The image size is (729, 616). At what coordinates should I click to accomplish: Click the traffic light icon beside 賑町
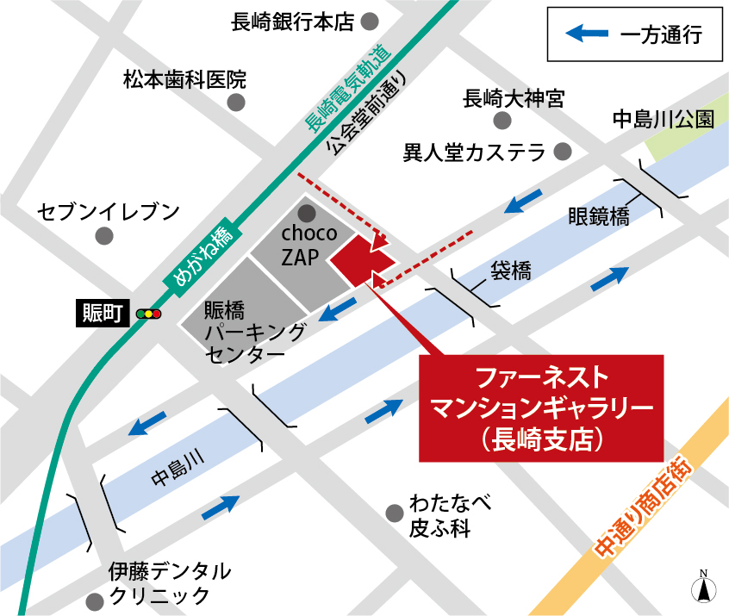pyautogui.click(x=151, y=314)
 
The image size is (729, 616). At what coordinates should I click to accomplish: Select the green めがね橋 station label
pyautogui.click(x=198, y=253)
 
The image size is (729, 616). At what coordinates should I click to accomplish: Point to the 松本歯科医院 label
pyautogui.click(x=184, y=80)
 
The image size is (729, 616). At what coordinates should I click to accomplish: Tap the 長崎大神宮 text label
pyautogui.click(x=514, y=99)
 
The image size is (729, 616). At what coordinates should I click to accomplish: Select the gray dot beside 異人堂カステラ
pyautogui.click(x=563, y=152)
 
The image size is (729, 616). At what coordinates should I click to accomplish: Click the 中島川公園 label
pyautogui.click(x=663, y=119)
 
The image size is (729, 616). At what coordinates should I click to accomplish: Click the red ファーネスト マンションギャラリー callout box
pyautogui.click(x=541, y=408)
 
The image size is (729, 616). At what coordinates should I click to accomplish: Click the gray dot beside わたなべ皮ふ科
pyautogui.click(x=394, y=513)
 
